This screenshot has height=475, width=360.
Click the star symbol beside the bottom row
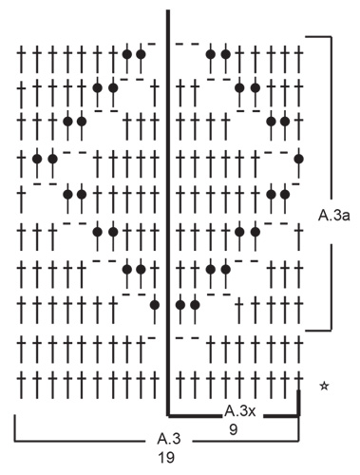coord(326,385)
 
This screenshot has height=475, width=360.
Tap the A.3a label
coord(334,216)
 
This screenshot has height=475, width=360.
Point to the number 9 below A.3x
coord(234,428)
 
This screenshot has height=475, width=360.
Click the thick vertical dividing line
coord(169,209)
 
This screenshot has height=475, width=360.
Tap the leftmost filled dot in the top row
coord(126,54)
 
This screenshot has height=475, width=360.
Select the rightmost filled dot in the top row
coord(225,54)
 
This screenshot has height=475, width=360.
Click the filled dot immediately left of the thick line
coord(155,305)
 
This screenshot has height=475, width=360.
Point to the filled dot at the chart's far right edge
coord(299,159)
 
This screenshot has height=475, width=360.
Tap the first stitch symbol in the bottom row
coord(21,385)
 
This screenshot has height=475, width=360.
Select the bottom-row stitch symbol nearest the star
coord(298,385)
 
